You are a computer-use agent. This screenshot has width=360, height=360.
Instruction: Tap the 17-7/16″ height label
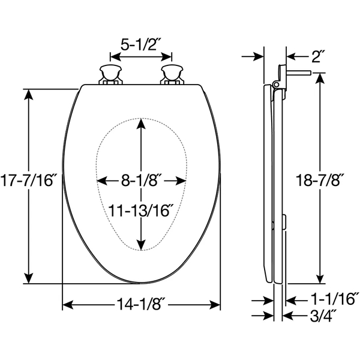[x=29, y=179]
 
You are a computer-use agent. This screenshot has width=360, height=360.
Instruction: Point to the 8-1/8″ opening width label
[x=142, y=180]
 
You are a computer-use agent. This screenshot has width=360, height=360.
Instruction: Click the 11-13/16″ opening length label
[x=142, y=210]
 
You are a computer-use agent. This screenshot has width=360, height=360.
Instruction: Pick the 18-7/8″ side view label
[x=322, y=179]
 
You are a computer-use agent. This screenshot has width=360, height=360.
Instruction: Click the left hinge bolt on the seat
[x=110, y=73]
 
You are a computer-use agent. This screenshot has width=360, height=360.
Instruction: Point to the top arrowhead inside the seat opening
[x=140, y=123]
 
